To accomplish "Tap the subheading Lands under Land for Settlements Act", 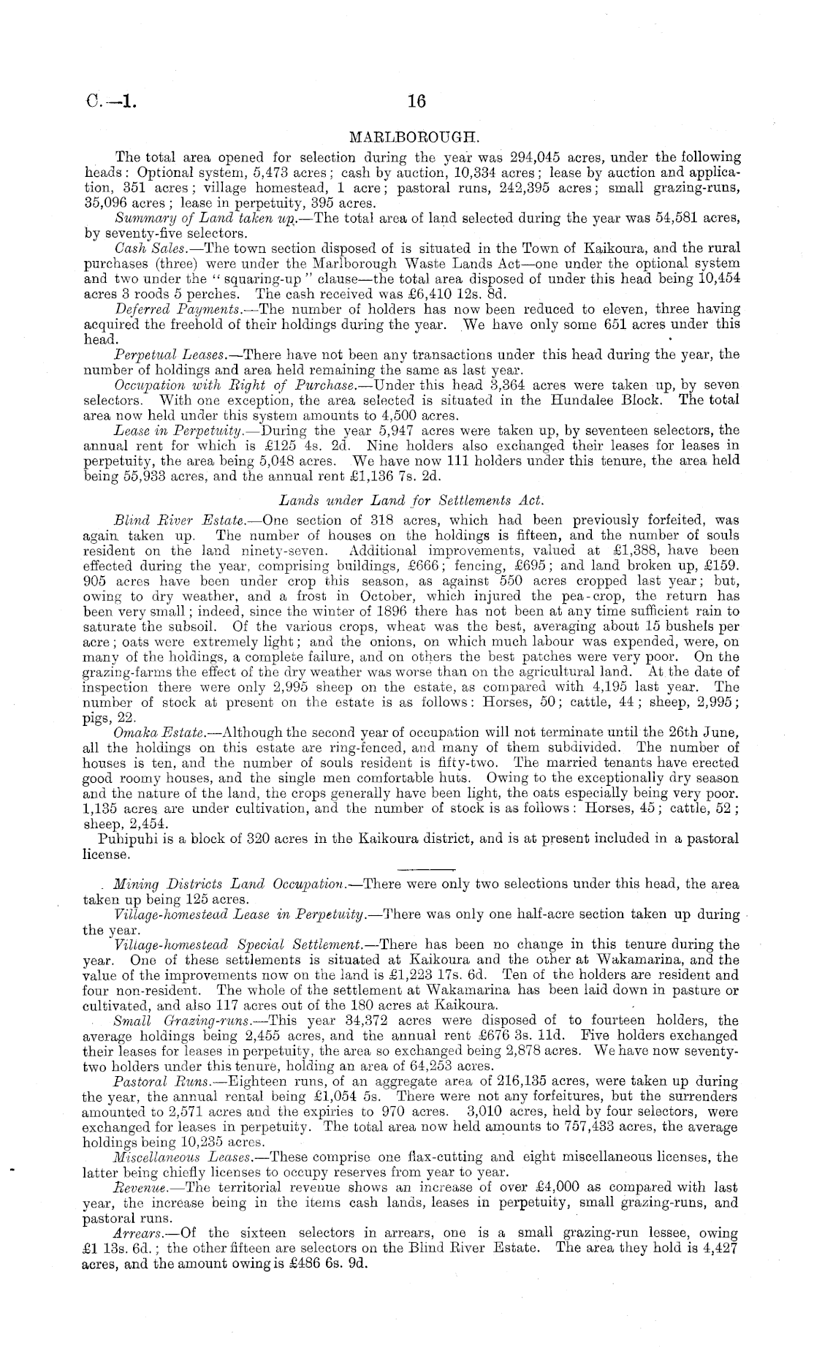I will [x=408, y=500].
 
